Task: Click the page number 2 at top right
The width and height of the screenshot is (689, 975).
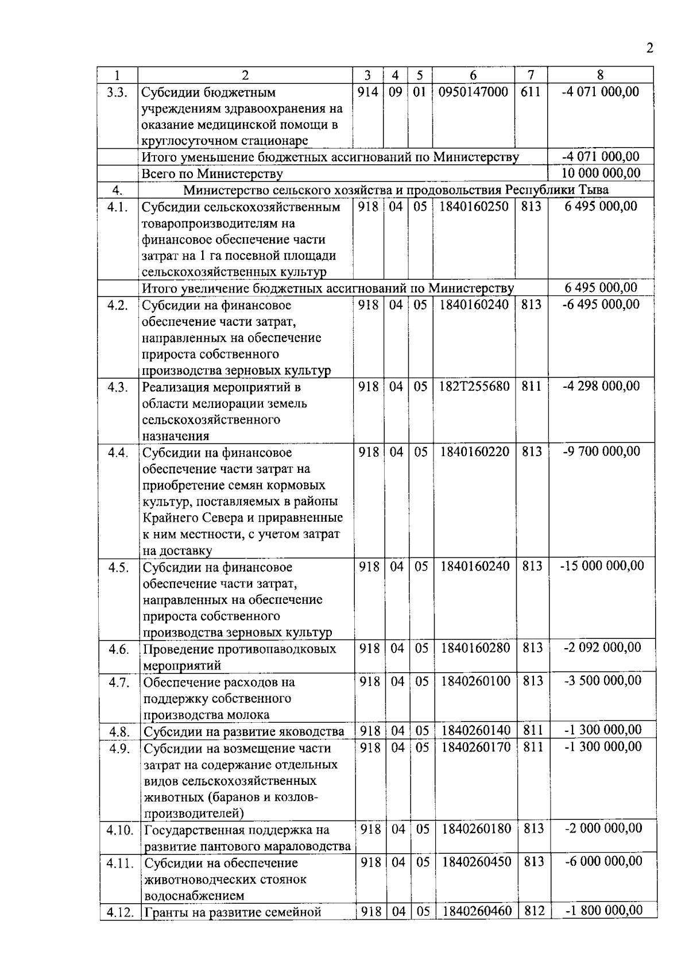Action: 649,48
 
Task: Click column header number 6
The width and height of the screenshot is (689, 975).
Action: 473,75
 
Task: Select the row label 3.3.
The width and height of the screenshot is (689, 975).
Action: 117,92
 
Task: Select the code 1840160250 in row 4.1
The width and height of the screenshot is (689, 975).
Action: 474,206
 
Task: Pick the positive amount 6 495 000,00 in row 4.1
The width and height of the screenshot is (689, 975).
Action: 601,206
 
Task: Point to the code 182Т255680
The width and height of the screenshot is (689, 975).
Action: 474,387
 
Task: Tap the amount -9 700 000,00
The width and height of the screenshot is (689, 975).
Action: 602,452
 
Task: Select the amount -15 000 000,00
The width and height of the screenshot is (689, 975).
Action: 602,566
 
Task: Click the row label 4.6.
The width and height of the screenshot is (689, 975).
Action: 118,649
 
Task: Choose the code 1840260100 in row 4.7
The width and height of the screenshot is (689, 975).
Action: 475,681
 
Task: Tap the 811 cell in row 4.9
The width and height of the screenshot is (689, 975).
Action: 533,747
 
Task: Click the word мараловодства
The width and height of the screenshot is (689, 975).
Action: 308,846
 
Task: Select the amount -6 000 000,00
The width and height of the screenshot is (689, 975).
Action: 603,861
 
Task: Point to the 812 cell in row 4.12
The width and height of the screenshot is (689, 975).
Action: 534,911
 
